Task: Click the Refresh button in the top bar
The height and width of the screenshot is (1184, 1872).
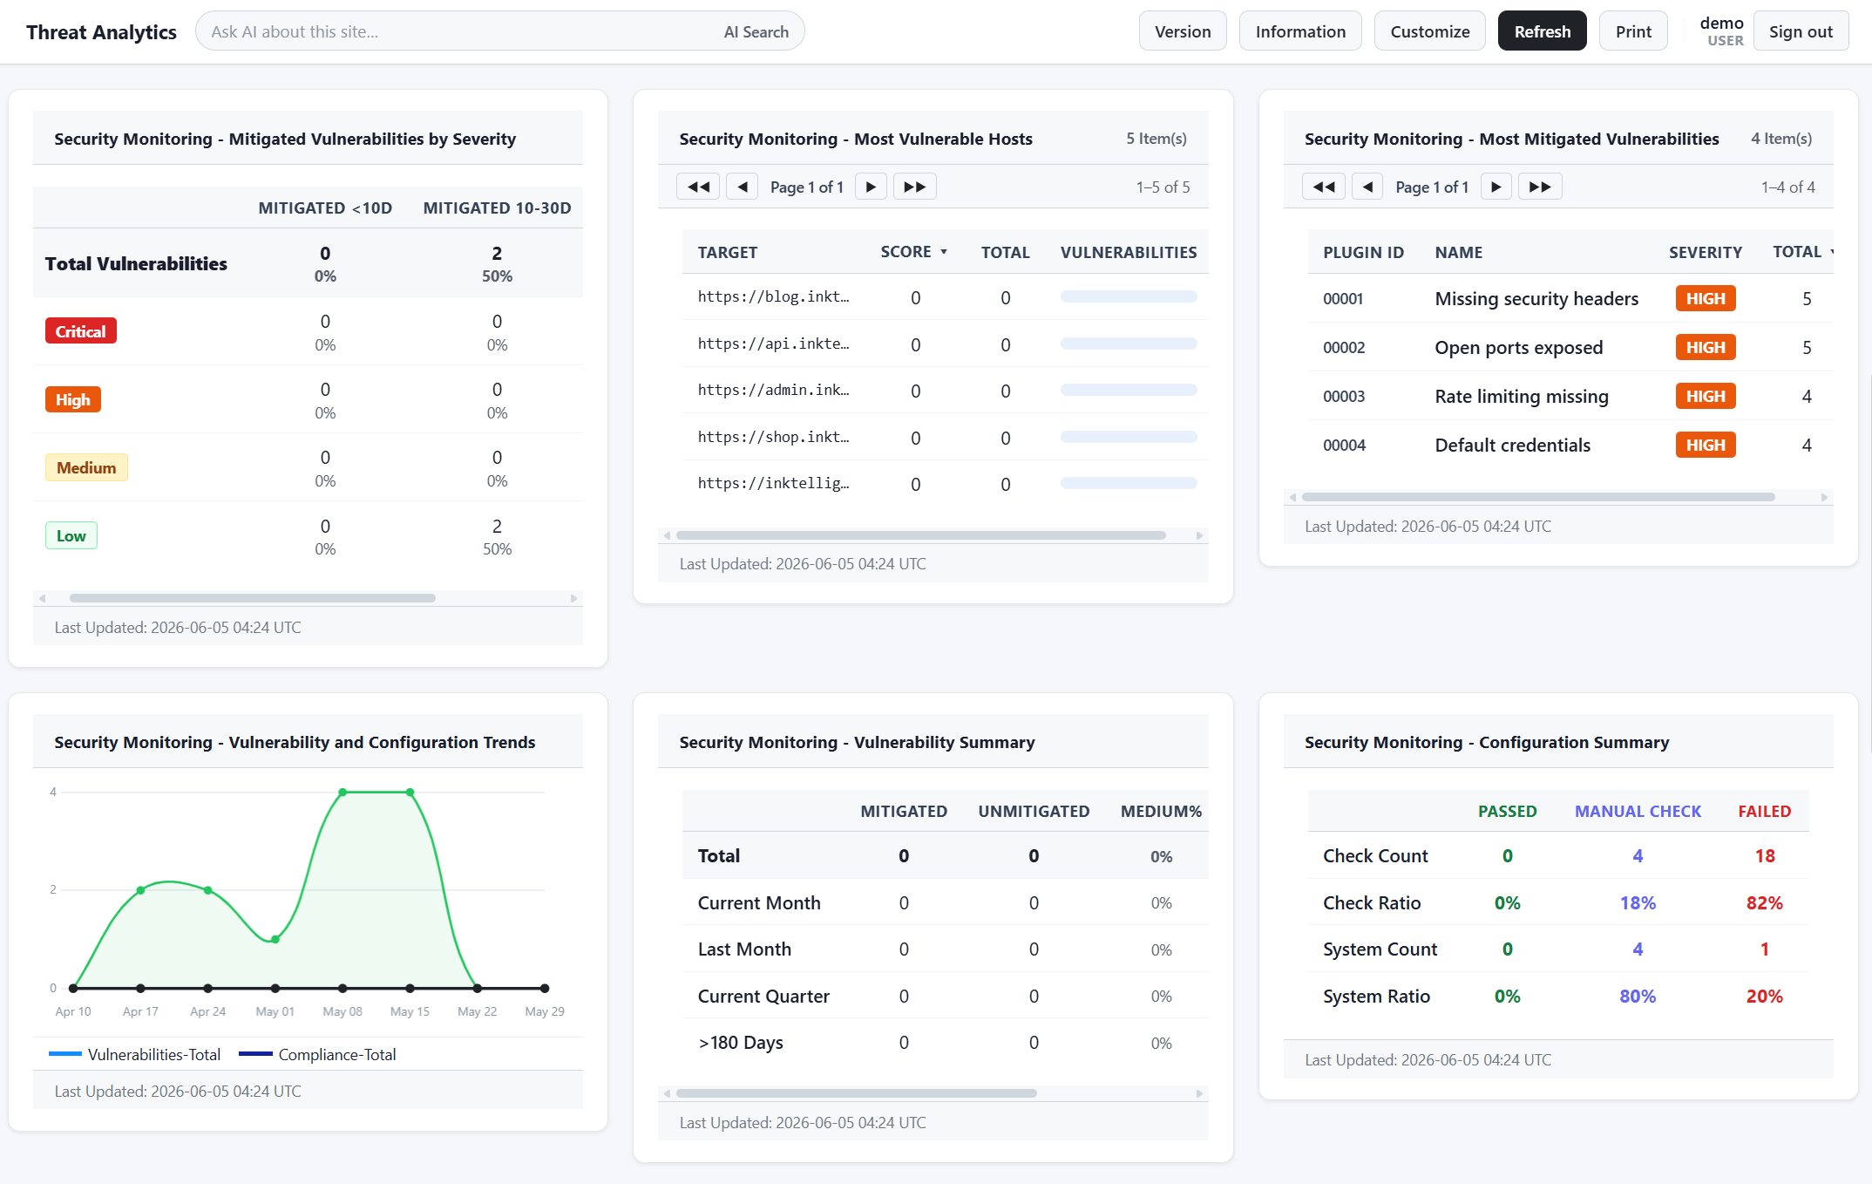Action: point(1542,31)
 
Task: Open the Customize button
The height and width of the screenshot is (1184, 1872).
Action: point(1429,31)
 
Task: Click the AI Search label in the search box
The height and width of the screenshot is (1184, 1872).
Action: point(756,31)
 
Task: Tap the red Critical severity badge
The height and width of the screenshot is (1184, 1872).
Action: point(80,331)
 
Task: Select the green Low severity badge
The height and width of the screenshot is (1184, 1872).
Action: point(71,535)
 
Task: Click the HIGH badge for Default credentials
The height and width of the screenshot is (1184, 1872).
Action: point(1705,445)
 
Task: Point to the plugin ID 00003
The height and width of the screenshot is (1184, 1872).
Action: point(1344,396)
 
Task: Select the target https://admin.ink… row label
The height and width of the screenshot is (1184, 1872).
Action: point(773,390)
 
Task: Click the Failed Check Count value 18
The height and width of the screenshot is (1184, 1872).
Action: point(1764,856)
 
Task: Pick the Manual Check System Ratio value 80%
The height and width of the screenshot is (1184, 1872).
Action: point(1638,997)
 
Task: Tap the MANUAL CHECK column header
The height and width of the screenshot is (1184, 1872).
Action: point(1638,811)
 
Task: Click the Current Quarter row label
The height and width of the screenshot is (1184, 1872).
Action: point(763,997)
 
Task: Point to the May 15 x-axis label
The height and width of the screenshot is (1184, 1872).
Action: point(410,1011)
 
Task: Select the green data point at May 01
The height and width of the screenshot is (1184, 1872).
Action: point(275,939)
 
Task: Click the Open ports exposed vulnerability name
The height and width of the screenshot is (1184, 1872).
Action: point(1518,347)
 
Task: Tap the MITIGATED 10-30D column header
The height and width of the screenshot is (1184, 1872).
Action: point(497,208)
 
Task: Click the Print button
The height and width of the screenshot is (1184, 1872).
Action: point(1633,31)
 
